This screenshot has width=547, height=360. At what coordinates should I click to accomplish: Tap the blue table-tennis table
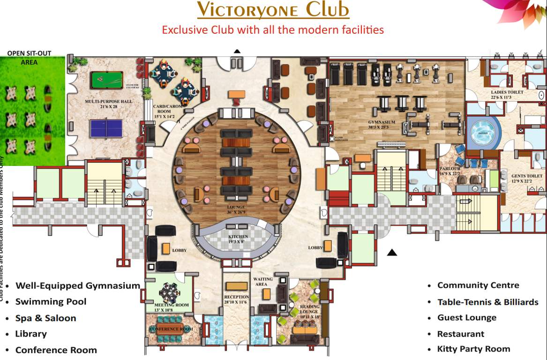coord(106,128)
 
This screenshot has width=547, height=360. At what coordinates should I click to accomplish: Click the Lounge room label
coord(236,208)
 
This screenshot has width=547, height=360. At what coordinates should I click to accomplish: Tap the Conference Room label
coord(171,329)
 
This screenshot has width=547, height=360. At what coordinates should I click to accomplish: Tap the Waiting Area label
coord(263,281)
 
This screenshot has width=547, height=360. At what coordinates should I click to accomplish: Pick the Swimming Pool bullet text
coord(51,301)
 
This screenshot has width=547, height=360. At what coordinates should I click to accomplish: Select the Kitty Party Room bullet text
coord(473,349)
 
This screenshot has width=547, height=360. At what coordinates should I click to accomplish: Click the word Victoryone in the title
coord(248,9)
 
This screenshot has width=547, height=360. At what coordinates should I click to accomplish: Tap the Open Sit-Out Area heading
coord(29,58)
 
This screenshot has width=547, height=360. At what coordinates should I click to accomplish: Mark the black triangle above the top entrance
coord(237,51)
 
